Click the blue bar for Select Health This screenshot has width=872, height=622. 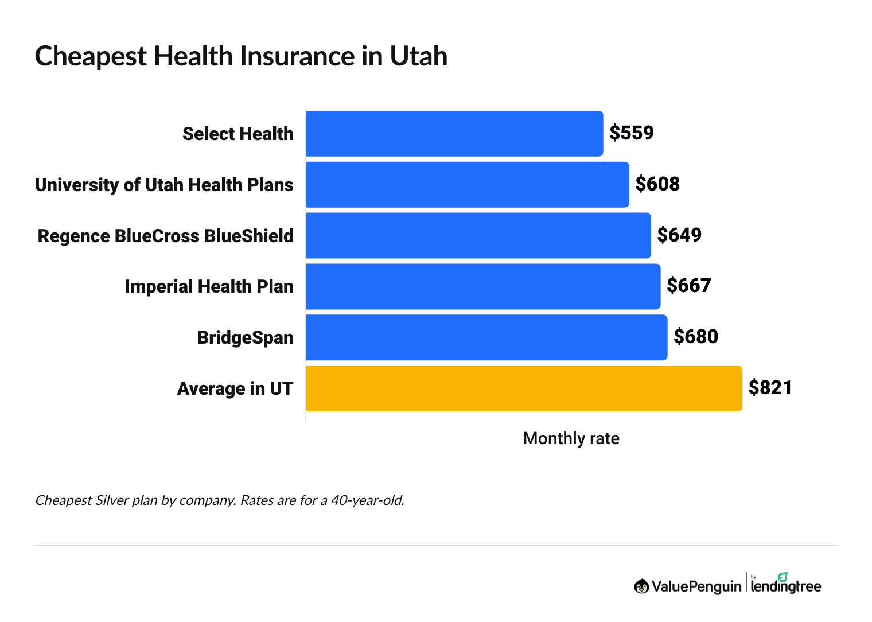454,134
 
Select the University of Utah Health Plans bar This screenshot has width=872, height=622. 468,184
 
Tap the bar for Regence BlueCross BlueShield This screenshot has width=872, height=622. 478,235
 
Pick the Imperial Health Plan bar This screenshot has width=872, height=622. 483,286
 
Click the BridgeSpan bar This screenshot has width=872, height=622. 486,337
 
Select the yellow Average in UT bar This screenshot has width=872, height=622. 524,388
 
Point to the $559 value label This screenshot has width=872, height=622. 631,133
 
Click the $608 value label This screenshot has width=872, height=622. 657,184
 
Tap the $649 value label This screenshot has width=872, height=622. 679,235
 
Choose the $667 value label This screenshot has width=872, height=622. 688,286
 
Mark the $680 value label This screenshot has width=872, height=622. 695,337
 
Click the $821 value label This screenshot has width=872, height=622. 770,388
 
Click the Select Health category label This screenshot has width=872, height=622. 238,134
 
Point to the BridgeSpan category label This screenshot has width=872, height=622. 245,337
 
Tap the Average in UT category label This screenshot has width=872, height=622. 235,389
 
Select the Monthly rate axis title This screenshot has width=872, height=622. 571,438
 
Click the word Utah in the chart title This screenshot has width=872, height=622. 419,56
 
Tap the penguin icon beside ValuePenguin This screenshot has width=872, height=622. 641,586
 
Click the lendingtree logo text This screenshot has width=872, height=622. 785,586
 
